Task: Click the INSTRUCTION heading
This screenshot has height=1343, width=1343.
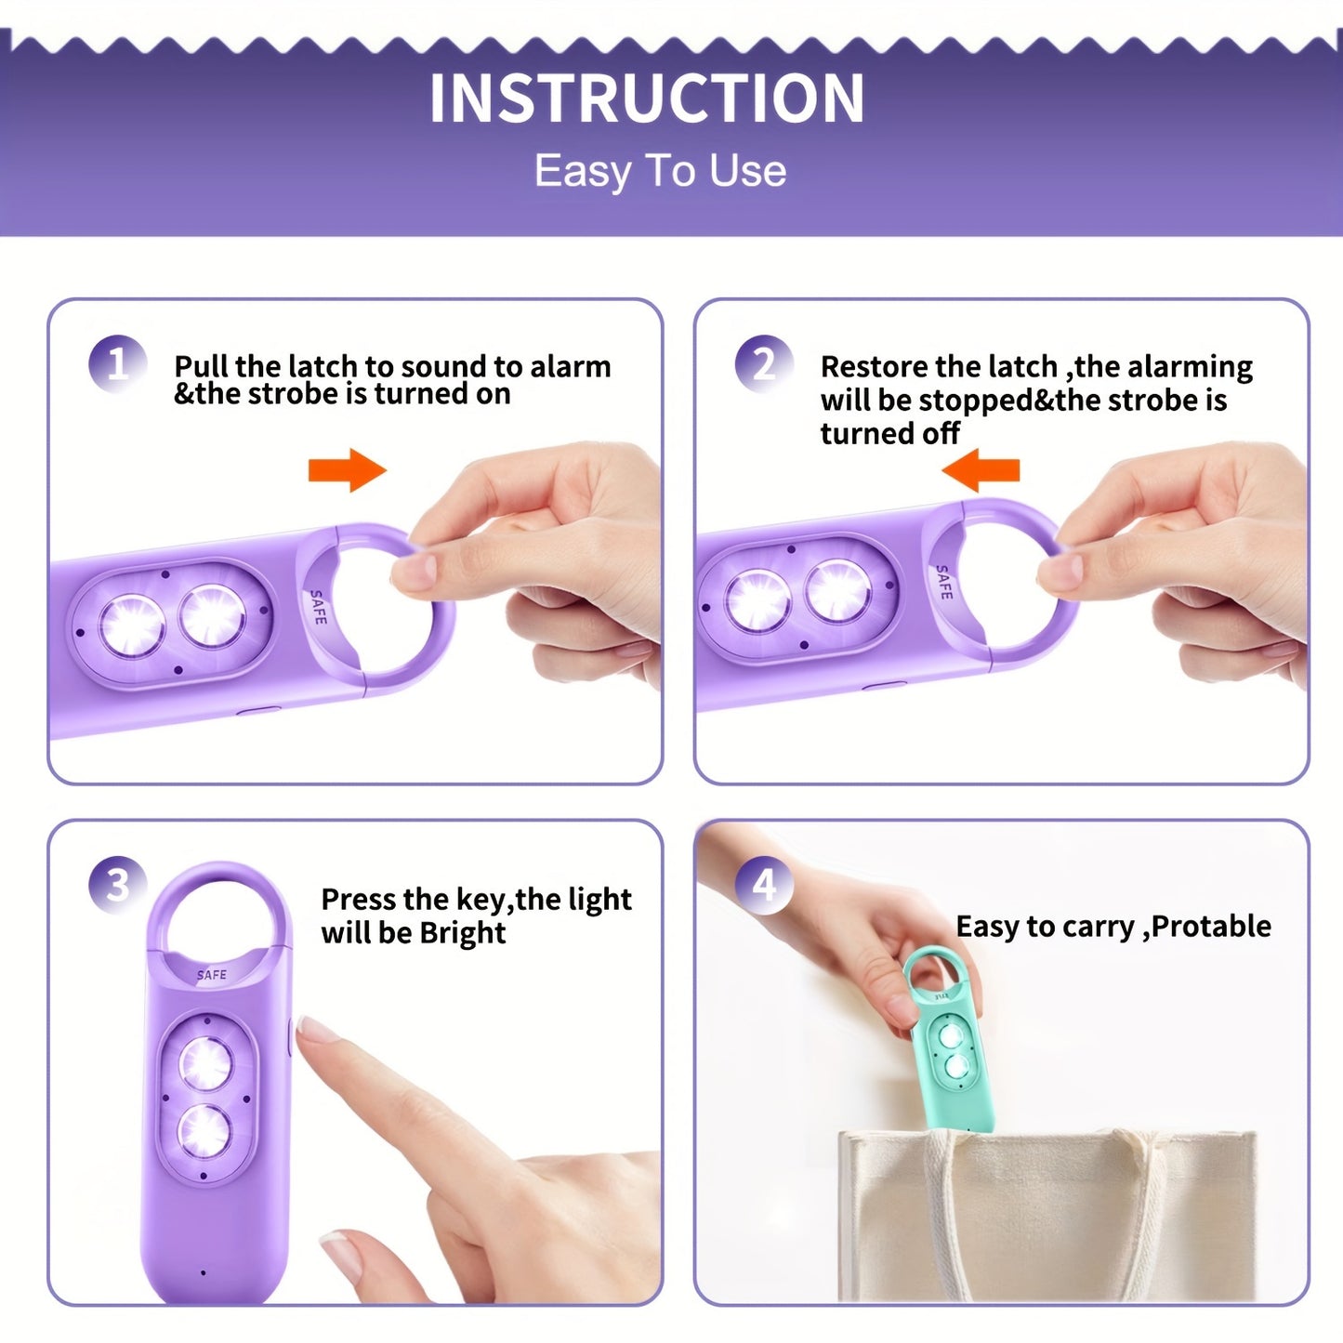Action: pos(647,99)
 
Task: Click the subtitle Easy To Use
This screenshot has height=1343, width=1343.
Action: pos(660,171)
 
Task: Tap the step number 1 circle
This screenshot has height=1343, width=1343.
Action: pos(117,363)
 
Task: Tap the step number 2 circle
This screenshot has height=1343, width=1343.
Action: pos(763,363)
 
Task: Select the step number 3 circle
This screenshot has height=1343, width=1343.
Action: pos(117,884)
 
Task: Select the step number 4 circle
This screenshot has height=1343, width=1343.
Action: pos(763,884)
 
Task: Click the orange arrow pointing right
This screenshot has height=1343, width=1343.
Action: pos(347,470)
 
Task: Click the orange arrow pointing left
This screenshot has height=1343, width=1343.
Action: pos(981,470)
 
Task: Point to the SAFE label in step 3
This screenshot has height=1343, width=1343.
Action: pos(212,975)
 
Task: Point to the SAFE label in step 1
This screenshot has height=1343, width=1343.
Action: pos(318,607)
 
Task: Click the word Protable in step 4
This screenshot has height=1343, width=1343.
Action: pos(1211,926)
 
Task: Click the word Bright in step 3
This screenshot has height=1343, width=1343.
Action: pos(463,932)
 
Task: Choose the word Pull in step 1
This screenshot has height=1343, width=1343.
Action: pos(201,366)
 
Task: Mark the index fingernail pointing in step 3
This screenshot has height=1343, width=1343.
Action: pos(318,1030)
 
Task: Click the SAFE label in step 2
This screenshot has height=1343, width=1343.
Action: pos(943,582)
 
